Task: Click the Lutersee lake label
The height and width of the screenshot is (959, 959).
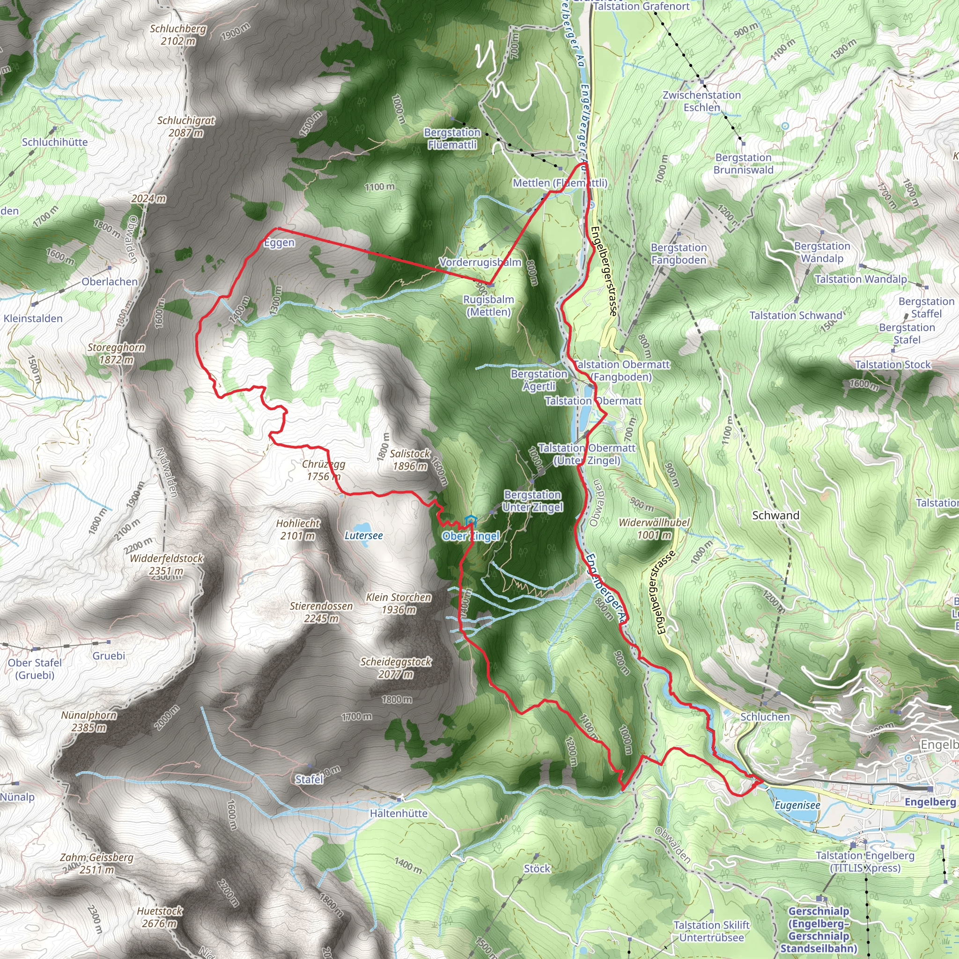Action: [x=363, y=536]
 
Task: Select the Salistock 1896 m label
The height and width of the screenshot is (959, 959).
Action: [x=410, y=460]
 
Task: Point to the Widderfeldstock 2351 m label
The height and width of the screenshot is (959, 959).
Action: [x=166, y=564]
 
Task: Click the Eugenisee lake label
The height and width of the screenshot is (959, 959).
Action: [x=797, y=805]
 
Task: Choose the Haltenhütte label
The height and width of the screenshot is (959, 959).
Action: [x=398, y=813]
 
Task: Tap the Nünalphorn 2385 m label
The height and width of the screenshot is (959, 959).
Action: [x=89, y=721]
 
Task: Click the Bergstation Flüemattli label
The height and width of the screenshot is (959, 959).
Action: [x=452, y=139]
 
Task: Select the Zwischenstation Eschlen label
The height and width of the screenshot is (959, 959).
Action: [x=701, y=101]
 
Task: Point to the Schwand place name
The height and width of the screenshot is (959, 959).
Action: [x=775, y=515]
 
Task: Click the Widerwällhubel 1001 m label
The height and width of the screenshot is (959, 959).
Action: [x=654, y=529]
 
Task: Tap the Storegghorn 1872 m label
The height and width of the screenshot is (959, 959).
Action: [x=116, y=354]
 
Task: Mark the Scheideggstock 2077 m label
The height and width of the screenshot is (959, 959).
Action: [x=396, y=668]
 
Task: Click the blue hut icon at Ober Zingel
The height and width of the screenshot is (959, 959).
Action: [x=470, y=521]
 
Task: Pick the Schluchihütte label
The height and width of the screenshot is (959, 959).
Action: [x=55, y=142]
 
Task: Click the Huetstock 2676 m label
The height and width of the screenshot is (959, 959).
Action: [x=159, y=917]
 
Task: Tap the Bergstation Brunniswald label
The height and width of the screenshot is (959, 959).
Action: [x=743, y=164]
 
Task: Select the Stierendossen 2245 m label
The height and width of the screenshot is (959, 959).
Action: [x=321, y=612]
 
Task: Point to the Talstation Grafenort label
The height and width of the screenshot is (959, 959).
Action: [x=642, y=7]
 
